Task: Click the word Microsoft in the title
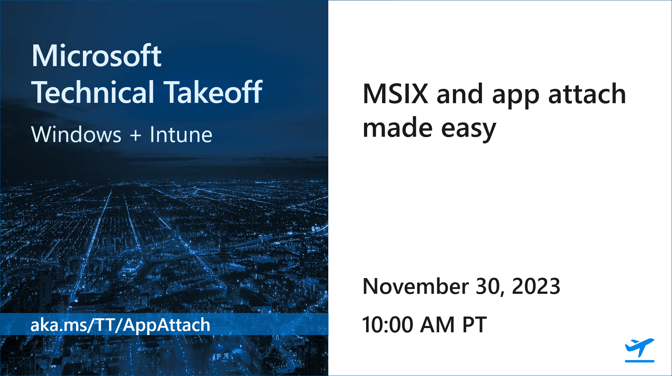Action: pos(96,56)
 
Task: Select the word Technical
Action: pos(93,92)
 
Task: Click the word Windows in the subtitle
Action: pos(76,135)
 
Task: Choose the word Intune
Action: pos(181,135)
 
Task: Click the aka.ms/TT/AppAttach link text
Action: pos(120,325)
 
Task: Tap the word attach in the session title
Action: pos(587,94)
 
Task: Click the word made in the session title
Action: pos(398,128)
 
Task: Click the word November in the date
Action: pos(415,286)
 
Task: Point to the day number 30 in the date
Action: pos(490,286)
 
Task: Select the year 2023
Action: pos(536,286)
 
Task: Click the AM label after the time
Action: pos(437,325)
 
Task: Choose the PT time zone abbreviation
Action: pos(474,325)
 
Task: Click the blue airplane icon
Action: pos(639,347)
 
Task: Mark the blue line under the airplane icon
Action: pos(639,361)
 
